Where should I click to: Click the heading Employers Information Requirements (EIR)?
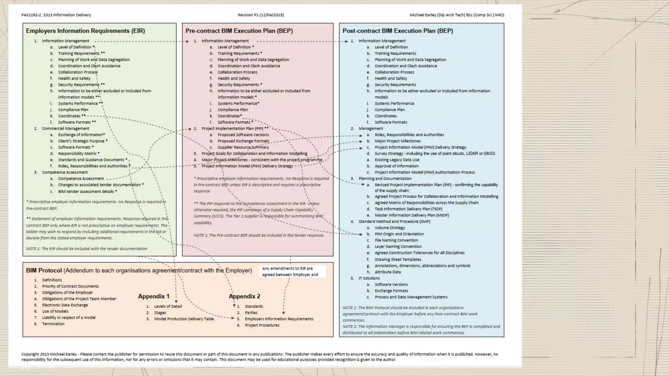(x=85, y=31)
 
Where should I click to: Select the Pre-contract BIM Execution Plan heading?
(x=239, y=31)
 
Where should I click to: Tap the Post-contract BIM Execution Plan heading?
(x=398, y=31)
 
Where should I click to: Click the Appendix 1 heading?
(x=154, y=296)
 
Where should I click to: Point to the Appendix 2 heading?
(x=244, y=296)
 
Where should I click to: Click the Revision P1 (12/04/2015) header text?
(x=261, y=15)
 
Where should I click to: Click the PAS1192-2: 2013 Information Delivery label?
(x=56, y=15)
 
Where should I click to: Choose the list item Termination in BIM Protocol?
(x=53, y=324)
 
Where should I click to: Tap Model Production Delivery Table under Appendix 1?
(x=184, y=319)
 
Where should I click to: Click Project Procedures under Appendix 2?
(x=262, y=325)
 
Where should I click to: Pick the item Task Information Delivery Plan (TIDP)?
(x=408, y=209)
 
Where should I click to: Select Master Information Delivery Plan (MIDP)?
(x=412, y=215)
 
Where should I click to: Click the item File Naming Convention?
(x=396, y=240)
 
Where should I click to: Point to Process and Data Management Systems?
(x=411, y=297)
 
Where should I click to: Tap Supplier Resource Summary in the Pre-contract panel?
(x=243, y=147)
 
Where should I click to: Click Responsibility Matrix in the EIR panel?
(x=77, y=153)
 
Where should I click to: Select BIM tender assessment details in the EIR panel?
(x=86, y=191)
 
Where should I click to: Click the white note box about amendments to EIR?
(x=293, y=272)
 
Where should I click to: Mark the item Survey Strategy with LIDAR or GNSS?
(x=434, y=153)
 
